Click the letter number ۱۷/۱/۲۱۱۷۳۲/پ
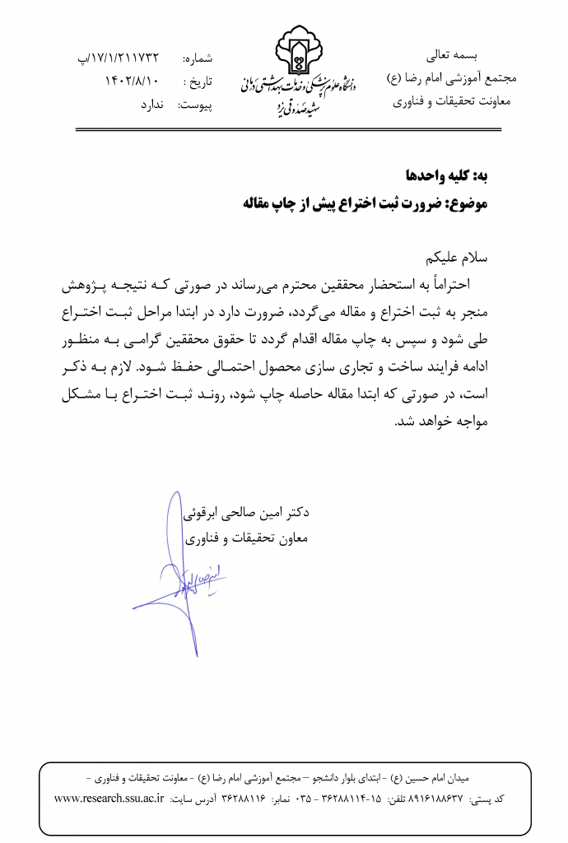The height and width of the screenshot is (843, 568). click(x=116, y=58)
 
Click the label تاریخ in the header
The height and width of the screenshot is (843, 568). click(x=198, y=82)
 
